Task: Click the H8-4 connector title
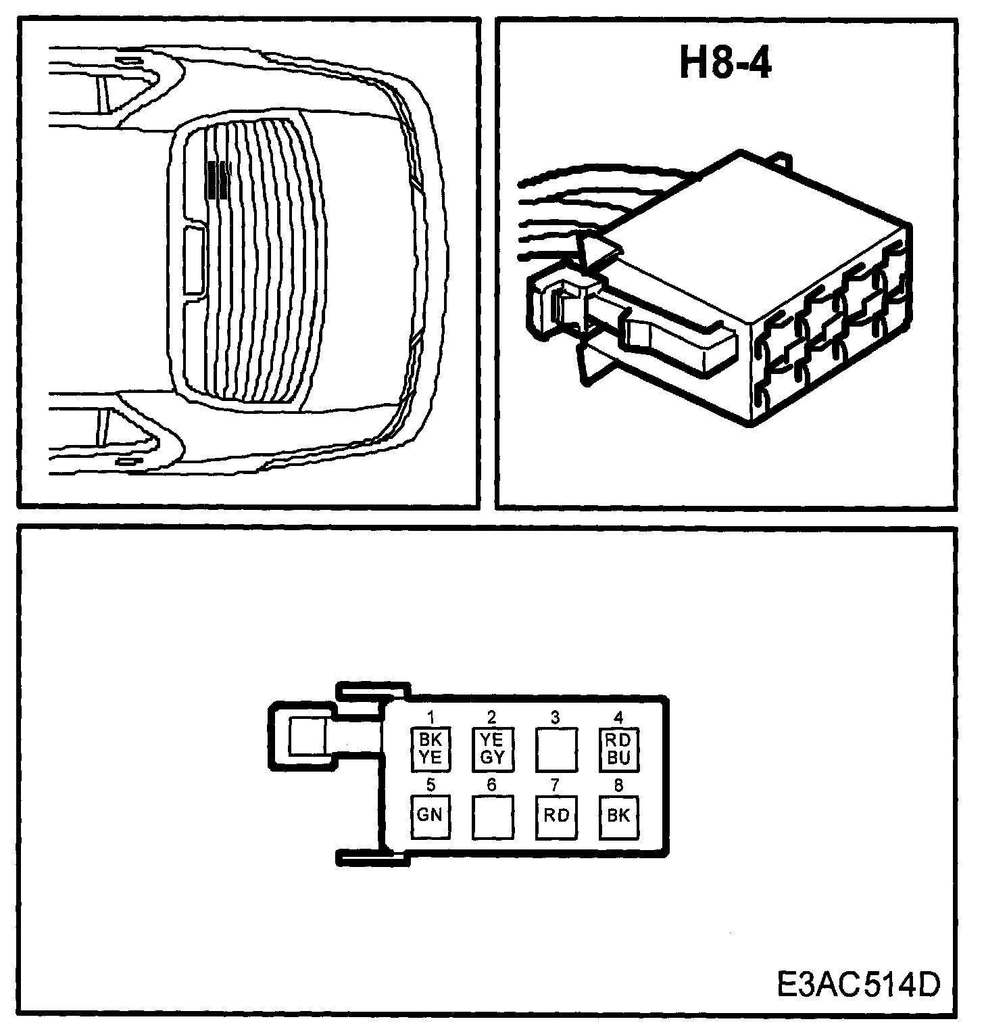pyautogui.click(x=725, y=65)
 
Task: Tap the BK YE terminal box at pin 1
pyautogui.click(x=430, y=749)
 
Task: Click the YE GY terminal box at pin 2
pyautogui.click(x=493, y=749)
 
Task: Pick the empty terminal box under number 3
pyautogui.click(x=556, y=749)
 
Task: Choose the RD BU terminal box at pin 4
pyautogui.click(x=618, y=749)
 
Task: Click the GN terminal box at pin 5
pyautogui.click(x=430, y=815)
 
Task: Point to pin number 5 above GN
pyautogui.click(x=430, y=785)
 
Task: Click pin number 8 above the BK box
pyautogui.click(x=618, y=785)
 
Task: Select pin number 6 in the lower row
pyautogui.click(x=492, y=785)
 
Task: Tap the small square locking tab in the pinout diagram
pyautogui.click(x=307, y=736)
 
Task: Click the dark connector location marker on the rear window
pyautogui.click(x=218, y=179)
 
